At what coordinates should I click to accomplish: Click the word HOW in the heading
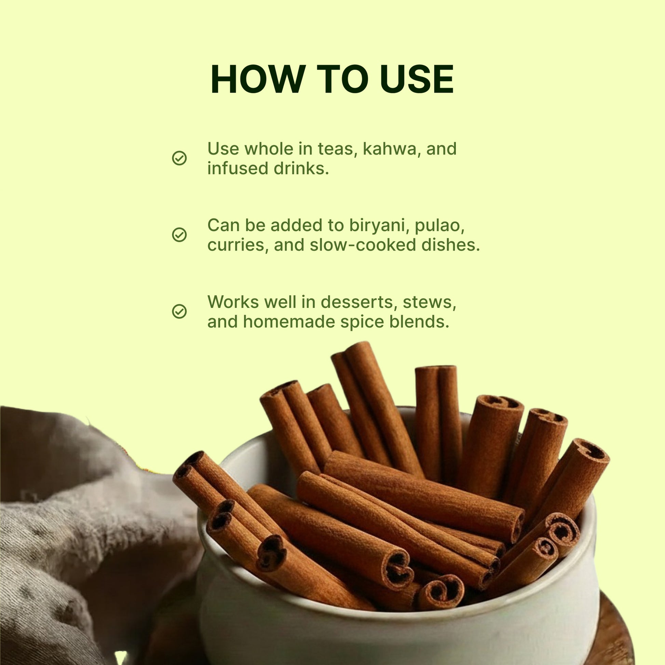[258, 79]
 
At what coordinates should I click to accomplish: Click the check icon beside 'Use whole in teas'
[179, 158]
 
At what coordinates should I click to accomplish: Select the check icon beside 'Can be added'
[179, 235]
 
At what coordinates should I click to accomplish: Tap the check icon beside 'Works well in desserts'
[179, 312]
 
